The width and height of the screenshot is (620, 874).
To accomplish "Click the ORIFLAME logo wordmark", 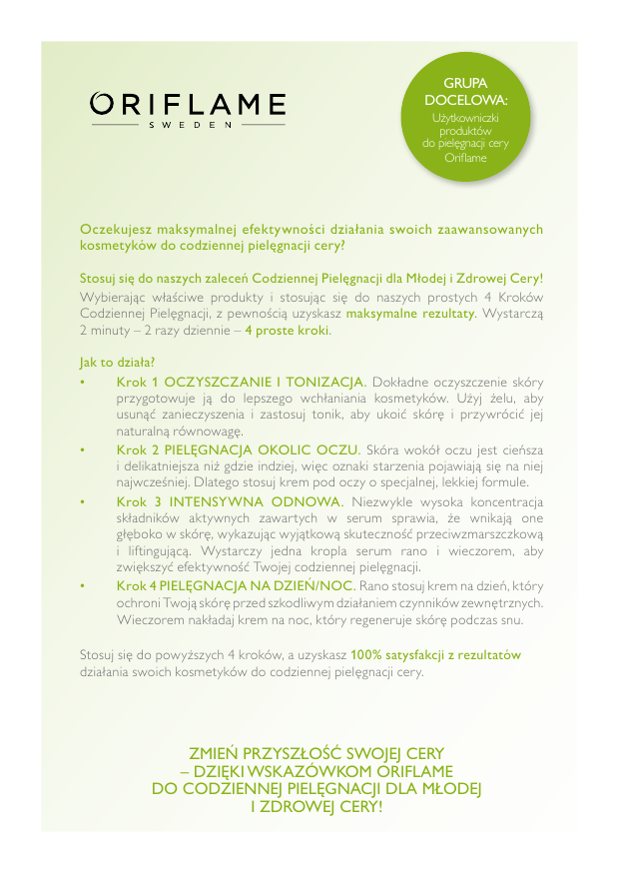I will [x=188, y=104].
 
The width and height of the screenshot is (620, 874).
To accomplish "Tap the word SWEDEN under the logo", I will [x=189, y=126].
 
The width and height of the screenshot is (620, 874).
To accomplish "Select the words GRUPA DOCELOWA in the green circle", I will [x=465, y=92].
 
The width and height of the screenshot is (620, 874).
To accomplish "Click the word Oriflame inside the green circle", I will [x=465, y=158].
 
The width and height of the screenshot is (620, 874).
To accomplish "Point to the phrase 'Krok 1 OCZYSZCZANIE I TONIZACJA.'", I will [x=242, y=382].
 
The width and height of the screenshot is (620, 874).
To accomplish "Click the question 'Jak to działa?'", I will [x=117, y=362].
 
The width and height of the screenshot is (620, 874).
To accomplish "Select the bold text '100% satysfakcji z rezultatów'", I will [x=435, y=655].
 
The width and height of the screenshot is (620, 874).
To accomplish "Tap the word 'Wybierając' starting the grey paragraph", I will [x=115, y=297].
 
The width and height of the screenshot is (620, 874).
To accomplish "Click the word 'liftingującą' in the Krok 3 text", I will [x=157, y=551].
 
